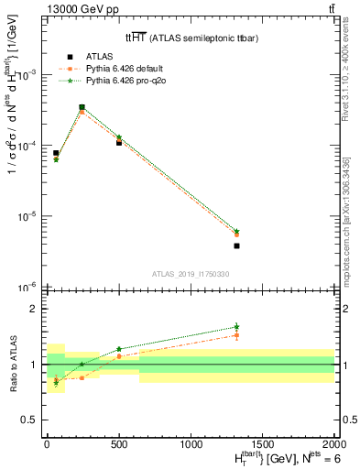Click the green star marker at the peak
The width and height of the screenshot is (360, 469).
(x=82, y=107)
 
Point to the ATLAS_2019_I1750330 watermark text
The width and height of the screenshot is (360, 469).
(x=190, y=274)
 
